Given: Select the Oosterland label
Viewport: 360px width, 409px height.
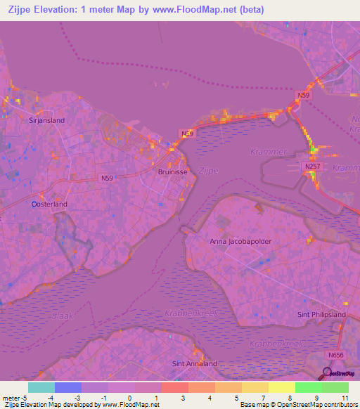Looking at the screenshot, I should pos(49,204).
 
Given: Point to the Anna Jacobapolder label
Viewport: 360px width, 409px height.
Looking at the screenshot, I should pos(240,241).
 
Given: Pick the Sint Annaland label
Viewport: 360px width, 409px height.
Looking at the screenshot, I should pos(195,363).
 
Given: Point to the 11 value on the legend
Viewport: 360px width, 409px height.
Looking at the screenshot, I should pos(345,398).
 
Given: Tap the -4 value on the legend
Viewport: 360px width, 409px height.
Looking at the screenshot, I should pos(51,398).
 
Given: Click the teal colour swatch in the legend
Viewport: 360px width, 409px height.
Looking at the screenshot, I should pos(41,387).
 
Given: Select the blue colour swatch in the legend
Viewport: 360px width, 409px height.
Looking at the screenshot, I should pos(67,387).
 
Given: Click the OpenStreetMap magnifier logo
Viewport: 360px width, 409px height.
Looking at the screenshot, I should pos(328,372).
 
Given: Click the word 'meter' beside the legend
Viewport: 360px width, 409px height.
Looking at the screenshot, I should pos(10,398).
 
